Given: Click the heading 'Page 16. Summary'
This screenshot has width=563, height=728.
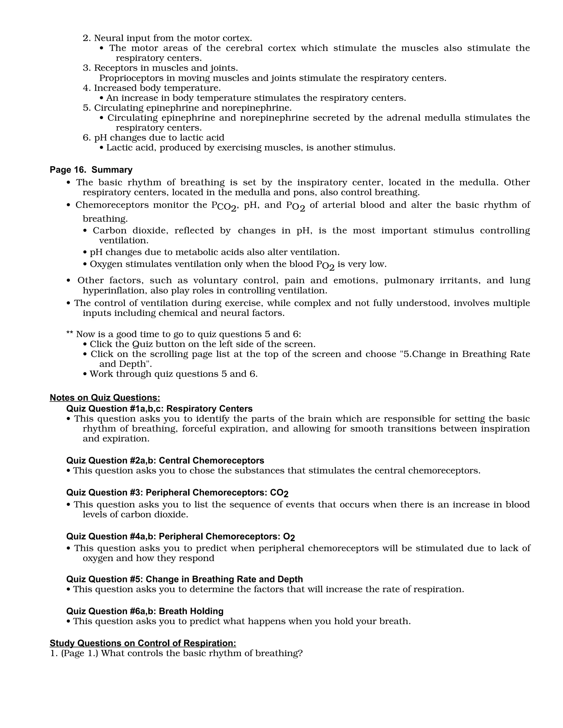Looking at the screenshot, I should click(91, 170).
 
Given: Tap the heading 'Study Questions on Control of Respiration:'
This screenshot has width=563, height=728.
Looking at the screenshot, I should click(143, 643).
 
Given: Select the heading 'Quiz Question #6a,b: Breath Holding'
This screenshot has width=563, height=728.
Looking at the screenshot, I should click(145, 611).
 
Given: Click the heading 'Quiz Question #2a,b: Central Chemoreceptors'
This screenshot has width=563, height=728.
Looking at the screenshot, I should click(165, 460).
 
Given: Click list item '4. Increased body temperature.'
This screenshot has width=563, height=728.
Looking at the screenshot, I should click(152, 88).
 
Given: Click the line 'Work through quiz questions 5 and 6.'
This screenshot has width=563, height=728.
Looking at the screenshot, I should click(173, 374).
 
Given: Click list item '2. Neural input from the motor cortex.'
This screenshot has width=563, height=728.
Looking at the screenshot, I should click(167, 38).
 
